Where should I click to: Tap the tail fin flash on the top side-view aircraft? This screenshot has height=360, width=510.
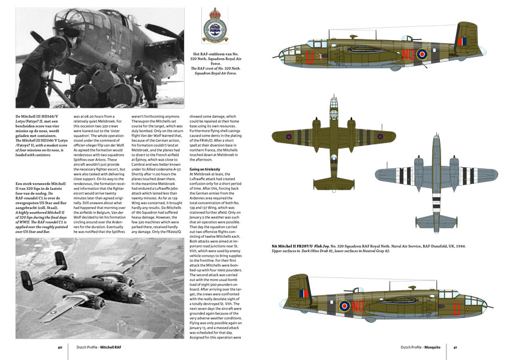pos(461,41)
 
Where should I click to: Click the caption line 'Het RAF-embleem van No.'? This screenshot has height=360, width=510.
pos(214,55)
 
